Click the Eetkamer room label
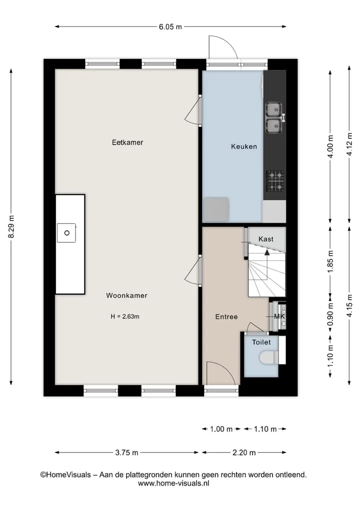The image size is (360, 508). (x=127, y=142)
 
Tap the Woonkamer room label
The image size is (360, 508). (x=127, y=296)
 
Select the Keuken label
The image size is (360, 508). (x=244, y=146)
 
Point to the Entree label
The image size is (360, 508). (x=226, y=317)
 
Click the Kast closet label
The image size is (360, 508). (x=266, y=239)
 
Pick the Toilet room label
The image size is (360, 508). (x=261, y=342)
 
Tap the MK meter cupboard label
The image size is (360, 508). (x=279, y=316)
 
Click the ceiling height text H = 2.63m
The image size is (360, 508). (x=125, y=317)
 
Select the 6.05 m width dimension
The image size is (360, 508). (x=170, y=27)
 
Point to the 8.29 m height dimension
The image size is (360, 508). (x=11, y=226)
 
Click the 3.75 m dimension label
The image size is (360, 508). (x=127, y=453)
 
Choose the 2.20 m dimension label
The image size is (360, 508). (x=244, y=453)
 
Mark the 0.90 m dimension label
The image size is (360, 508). (x=330, y=315)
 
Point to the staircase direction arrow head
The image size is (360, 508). (x=267, y=252)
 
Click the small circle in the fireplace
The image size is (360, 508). (x=67, y=233)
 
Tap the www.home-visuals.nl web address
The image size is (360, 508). (x=173, y=484)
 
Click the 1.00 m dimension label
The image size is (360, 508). (x=221, y=429)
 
